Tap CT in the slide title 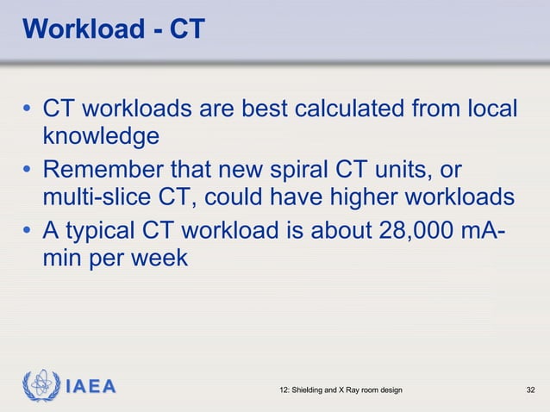pyautogui.click(x=186, y=29)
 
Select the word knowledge pyautogui.click(x=101, y=136)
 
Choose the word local pyautogui.click(x=491, y=109)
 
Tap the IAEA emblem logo pyautogui.click(x=41, y=386)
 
